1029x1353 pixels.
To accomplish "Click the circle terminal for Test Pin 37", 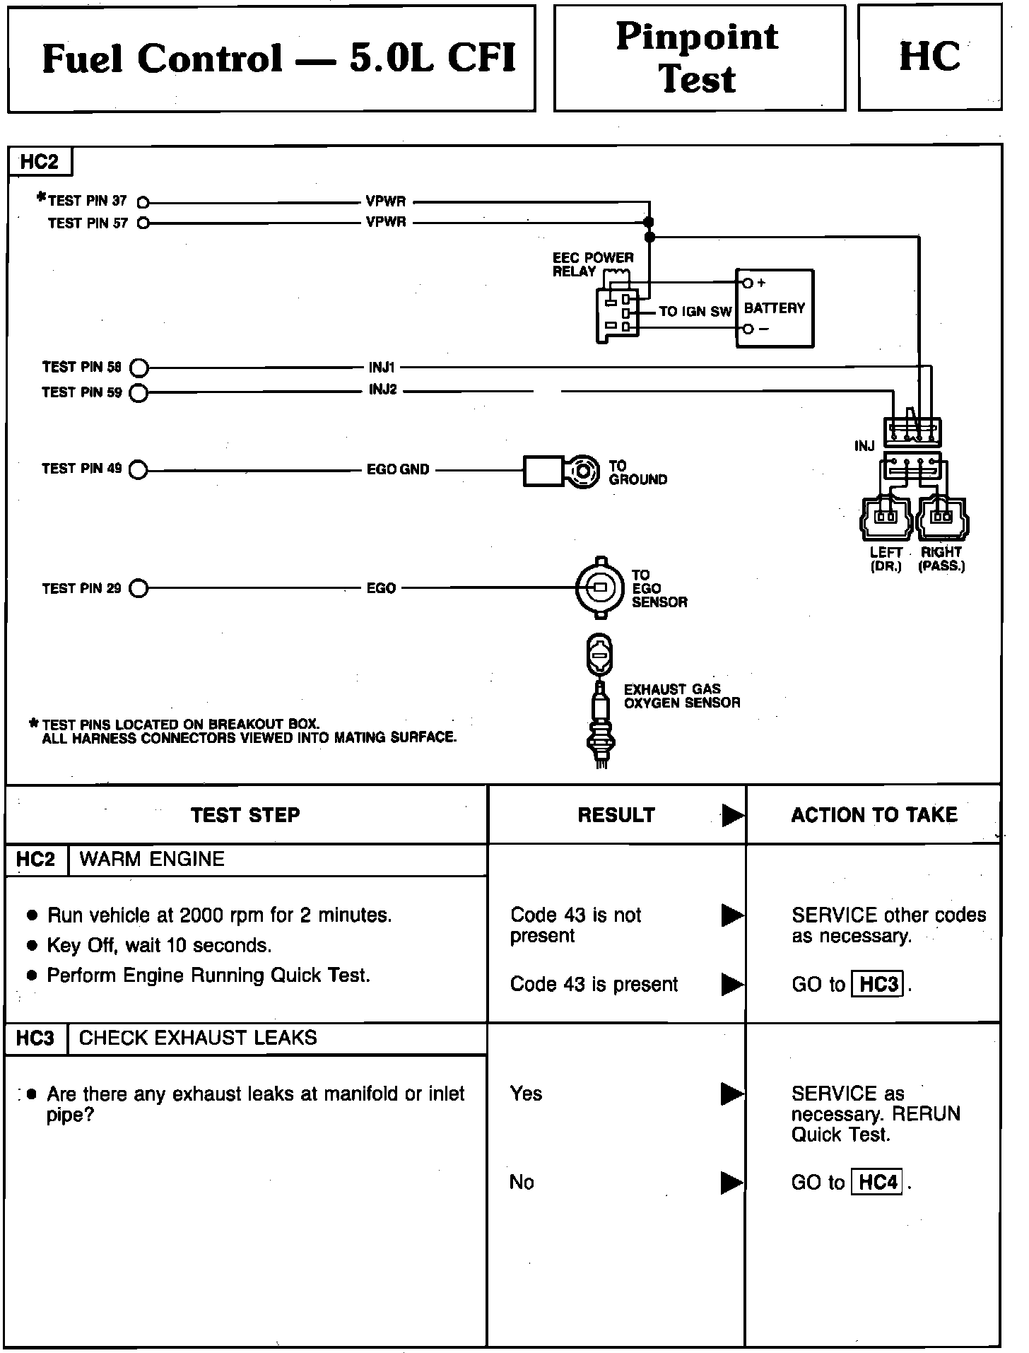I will click(143, 201).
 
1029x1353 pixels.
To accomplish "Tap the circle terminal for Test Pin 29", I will click(139, 588).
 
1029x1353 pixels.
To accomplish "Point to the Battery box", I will click(775, 307).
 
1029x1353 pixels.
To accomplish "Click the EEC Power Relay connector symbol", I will click(618, 315).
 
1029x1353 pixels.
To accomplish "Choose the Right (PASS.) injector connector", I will click(941, 517).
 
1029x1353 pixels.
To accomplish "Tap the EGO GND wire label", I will click(398, 469).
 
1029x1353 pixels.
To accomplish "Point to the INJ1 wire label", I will click(382, 367).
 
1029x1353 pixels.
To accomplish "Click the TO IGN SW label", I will click(695, 312).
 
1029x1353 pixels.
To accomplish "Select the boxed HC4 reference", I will click(878, 1182).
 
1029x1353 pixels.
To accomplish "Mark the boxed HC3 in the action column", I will click(878, 984).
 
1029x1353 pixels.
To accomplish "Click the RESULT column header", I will click(616, 815).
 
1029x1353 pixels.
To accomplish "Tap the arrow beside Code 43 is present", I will click(732, 984).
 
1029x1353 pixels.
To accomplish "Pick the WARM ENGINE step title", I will click(152, 859).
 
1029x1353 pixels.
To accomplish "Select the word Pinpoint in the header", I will click(697, 37).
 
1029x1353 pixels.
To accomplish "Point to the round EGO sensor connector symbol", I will click(600, 588).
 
